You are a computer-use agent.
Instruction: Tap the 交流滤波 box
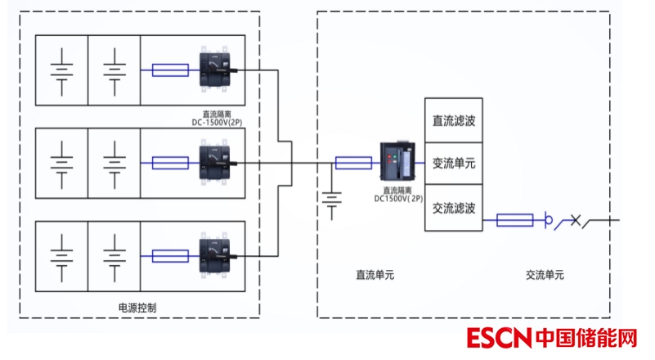point(454,207)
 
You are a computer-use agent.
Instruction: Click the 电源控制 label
point(137,308)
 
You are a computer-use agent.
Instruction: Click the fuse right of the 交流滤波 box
point(515,220)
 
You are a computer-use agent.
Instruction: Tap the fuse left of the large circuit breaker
point(353,164)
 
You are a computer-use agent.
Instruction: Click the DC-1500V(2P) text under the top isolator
point(215,119)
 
